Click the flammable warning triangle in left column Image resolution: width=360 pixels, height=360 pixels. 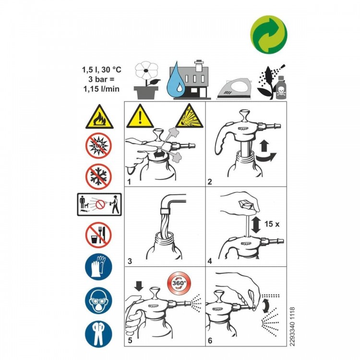point(99,118)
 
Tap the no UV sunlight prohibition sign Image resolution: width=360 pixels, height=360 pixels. point(99,145)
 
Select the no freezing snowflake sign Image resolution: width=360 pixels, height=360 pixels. point(99,176)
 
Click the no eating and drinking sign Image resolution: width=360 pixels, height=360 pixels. point(99,235)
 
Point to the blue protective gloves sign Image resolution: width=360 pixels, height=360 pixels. point(99,267)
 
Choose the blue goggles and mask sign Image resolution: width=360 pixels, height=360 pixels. point(99,300)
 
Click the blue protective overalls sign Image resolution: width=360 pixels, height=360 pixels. point(99,332)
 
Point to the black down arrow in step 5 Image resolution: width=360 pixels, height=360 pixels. point(139,287)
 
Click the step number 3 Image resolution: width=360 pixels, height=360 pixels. point(130,261)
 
